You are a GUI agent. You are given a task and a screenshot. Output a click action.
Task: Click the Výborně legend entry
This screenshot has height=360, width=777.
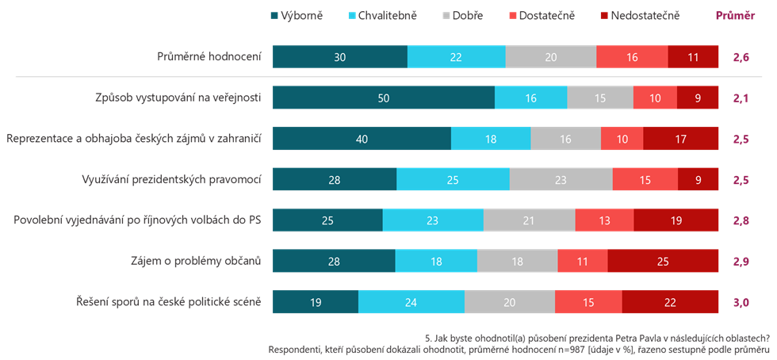[x=297, y=15]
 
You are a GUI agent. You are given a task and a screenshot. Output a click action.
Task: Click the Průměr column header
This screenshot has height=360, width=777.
[x=735, y=15]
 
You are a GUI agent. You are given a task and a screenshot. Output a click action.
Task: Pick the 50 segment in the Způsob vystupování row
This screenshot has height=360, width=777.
[x=383, y=98]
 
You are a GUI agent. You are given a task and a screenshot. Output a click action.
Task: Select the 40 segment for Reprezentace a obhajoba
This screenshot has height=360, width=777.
[x=362, y=139]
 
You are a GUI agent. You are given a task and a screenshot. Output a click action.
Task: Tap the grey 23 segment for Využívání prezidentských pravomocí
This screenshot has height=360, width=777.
[x=561, y=180]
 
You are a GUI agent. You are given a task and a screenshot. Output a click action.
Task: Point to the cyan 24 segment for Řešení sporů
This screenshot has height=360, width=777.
[x=411, y=301]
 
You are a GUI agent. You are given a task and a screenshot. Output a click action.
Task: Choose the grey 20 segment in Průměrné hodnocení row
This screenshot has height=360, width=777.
[x=550, y=57]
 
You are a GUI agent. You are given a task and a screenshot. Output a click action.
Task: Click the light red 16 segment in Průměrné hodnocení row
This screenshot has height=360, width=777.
[x=632, y=57]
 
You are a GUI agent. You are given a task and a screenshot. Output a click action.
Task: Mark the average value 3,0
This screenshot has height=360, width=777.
[x=741, y=301]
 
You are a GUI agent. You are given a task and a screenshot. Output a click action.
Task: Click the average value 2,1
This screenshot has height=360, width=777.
[x=741, y=98]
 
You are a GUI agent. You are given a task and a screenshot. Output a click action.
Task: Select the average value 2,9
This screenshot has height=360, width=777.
[x=741, y=260]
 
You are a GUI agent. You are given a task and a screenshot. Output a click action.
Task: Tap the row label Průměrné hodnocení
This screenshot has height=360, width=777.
[x=209, y=57]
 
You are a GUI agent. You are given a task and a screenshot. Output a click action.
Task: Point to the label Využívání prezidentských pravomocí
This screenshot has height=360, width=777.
[x=172, y=180]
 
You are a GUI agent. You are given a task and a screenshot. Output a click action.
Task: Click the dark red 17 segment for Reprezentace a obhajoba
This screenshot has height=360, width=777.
[x=681, y=139]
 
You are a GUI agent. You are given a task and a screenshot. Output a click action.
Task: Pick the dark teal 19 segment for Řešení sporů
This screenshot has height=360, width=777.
[x=315, y=301]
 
